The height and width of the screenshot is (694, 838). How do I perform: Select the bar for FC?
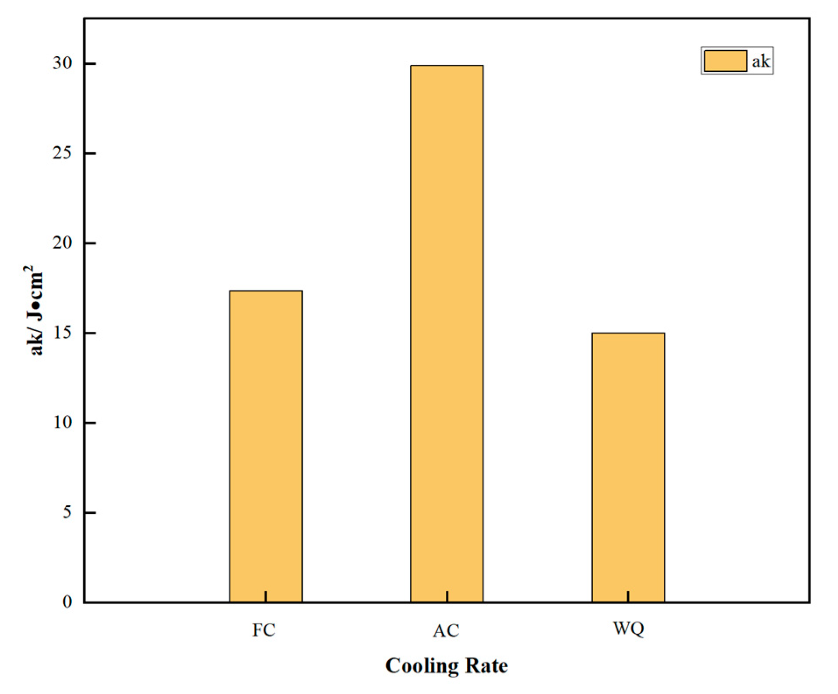(x=266, y=446)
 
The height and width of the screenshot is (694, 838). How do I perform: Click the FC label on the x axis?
(x=264, y=630)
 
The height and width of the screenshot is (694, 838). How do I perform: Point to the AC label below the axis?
(x=446, y=631)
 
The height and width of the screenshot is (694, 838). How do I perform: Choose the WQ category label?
(x=628, y=629)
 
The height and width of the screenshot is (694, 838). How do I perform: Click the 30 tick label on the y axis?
(x=62, y=63)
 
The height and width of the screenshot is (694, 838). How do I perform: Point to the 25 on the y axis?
(x=62, y=154)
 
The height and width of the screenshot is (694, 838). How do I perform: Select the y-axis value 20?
(x=62, y=243)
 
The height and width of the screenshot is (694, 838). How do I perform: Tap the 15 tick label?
(x=62, y=333)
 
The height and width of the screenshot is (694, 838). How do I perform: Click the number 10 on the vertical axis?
(x=62, y=423)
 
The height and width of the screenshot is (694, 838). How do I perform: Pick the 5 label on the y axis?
(x=67, y=512)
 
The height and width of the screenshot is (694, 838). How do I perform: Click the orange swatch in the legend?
(x=725, y=61)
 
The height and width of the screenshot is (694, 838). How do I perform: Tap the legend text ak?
(x=761, y=61)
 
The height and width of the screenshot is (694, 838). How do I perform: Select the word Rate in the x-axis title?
(x=486, y=666)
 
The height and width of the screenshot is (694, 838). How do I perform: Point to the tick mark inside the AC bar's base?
(x=447, y=596)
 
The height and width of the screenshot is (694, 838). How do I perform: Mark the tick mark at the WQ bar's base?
(x=628, y=596)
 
